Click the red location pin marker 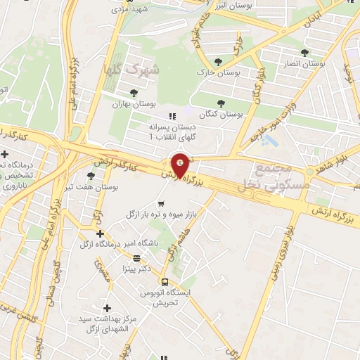[x=181, y=165]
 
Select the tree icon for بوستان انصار [x=304, y=53]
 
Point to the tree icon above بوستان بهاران [x=134, y=92]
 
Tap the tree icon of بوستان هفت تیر [x=90, y=176]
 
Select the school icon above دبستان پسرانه [x=170, y=116]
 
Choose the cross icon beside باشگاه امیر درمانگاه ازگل [x=100, y=233]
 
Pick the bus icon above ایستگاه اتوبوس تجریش [x=164, y=282]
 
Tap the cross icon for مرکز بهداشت [x=106, y=308]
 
